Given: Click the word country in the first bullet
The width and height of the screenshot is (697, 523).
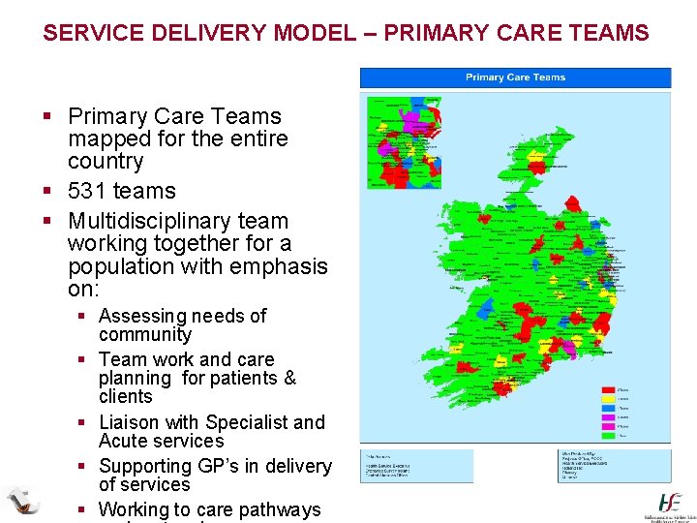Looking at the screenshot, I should [x=106, y=161].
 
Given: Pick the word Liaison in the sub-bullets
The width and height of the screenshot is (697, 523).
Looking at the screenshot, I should [x=130, y=422].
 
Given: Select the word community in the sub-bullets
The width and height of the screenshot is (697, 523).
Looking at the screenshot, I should [x=145, y=334].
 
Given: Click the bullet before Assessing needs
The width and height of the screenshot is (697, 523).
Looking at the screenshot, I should [x=84, y=317].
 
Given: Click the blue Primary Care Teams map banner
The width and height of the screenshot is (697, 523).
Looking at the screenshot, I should [x=515, y=77].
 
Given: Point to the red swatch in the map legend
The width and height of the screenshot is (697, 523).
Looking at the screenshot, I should [x=609, y=391].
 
